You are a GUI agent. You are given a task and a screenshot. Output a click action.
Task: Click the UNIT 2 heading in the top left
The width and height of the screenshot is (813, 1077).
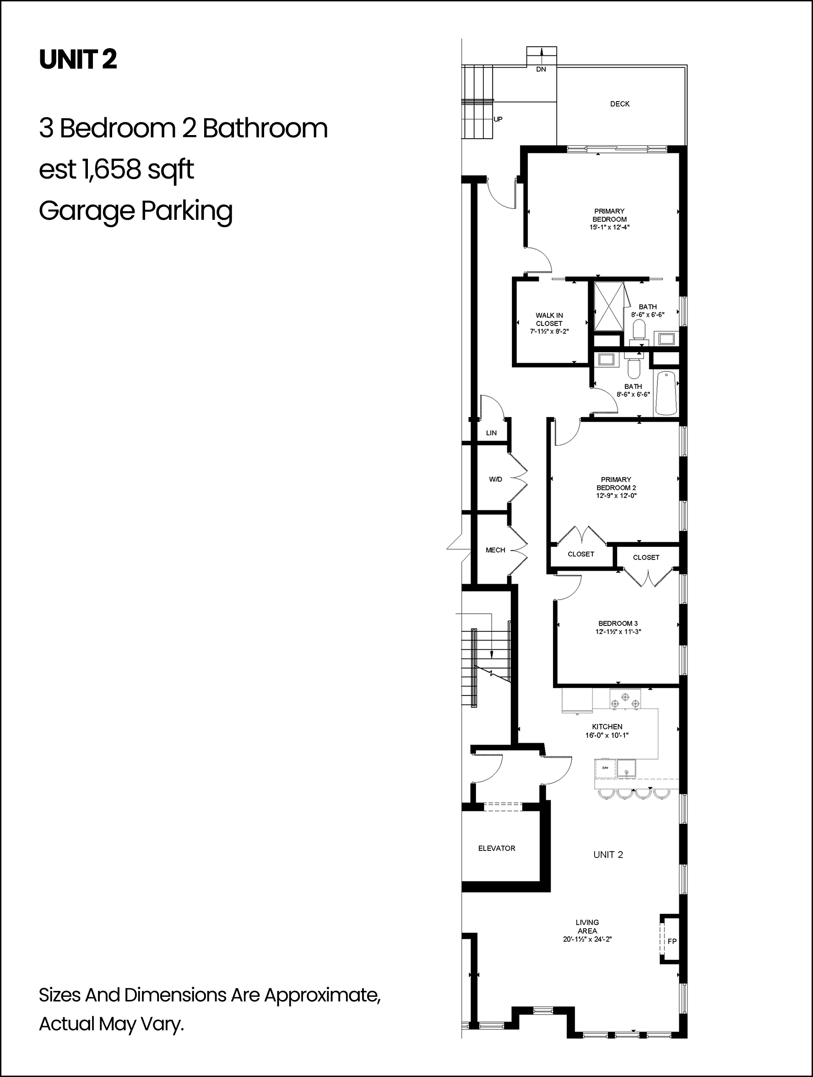click(x=78, y=60)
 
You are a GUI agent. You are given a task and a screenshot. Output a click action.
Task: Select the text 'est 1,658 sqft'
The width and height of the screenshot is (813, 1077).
click(x=116, y=170)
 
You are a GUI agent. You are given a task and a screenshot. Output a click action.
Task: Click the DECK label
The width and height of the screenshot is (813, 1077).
click(x=620, y=103)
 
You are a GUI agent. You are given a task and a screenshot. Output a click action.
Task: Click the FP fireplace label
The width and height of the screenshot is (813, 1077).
click(x=672, y=941)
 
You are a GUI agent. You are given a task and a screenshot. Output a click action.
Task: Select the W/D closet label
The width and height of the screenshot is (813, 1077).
click(x=496, y=479)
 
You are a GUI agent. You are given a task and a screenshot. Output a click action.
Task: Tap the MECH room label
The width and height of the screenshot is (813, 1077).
click(x=495, y=549)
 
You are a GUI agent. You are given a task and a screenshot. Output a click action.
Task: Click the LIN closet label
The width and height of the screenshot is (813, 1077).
click(x=491, y=432)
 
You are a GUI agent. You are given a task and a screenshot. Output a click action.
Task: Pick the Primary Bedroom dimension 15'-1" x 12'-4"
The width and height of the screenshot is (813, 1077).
click(x=609, y=227)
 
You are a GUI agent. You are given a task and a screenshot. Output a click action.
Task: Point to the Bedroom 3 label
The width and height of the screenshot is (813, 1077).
click(x=618, y=623)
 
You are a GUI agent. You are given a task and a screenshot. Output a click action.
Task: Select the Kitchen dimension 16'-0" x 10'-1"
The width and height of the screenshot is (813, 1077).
click(x=607, y=735)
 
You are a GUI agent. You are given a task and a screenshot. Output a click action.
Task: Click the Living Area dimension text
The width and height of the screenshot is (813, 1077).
click(x=587, y=939)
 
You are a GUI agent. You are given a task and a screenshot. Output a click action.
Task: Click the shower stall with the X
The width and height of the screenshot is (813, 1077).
click(x=608, y=307)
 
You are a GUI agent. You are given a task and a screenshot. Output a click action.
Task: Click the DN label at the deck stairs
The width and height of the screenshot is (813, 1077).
click(x=541, y=69)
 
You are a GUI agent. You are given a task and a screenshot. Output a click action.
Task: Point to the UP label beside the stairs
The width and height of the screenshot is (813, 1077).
click(x=498, y=119)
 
